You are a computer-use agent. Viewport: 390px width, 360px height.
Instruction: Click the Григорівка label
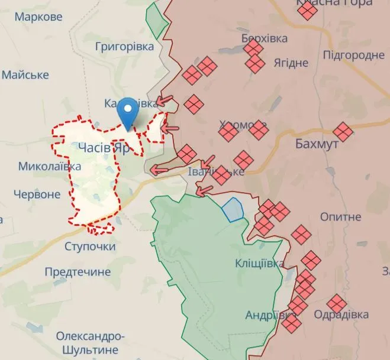[x=124, y=46]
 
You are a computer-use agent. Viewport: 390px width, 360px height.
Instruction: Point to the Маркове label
[x=38, y=17]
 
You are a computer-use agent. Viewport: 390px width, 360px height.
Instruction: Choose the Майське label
[x=28, y=74]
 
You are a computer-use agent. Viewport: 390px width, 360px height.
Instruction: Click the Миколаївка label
[x=49, y=166]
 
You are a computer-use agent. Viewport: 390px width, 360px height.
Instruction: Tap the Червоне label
[x=37, y=194]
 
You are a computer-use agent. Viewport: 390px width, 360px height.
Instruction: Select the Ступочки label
[x=90, y=246]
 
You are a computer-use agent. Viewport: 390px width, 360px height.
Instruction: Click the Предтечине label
[x=78, y=272]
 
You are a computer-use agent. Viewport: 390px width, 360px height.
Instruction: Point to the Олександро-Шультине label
[x=91, y=342]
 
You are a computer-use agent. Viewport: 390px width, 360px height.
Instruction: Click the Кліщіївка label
[x=259, y=262]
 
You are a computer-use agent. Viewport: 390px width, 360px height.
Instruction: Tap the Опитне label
[x=340, y=217]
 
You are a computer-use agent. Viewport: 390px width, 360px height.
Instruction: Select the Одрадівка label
[x=341, y=314]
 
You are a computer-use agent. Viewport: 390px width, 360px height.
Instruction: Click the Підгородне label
[x=354, y=55]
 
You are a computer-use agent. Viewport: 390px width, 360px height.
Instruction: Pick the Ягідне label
[x=291, y=63]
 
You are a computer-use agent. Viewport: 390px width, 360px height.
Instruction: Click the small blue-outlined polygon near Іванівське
[x=233, y=209]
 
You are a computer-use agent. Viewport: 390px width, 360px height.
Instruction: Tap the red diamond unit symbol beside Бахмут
[x=343, y=132]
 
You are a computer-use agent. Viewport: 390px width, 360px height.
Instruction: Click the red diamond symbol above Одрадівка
[x=337, y=303]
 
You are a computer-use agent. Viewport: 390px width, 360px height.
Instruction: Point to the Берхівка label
[x=265, y=38]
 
